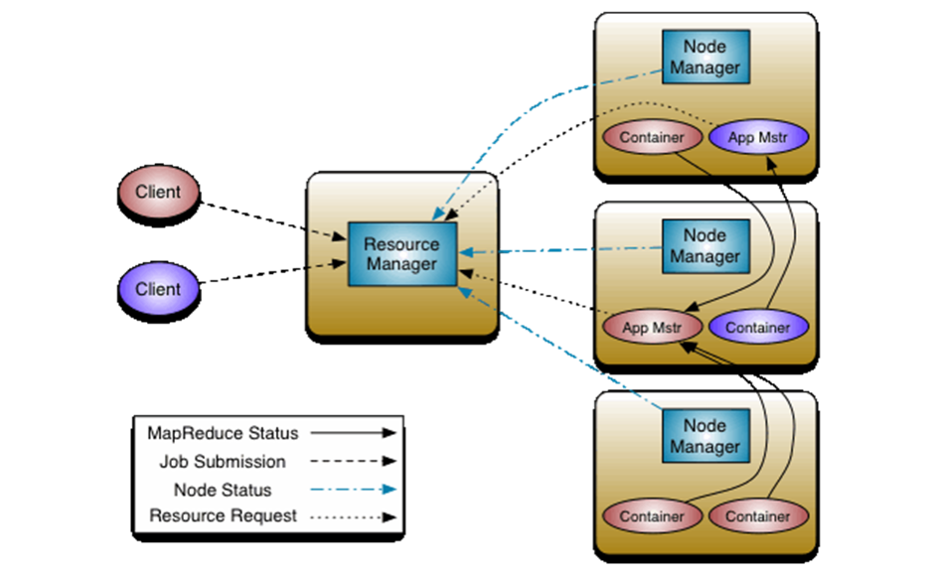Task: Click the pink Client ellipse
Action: (x=159, y=191)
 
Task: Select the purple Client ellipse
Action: (x=159, y=289)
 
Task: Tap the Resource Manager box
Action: (x=400, y=254)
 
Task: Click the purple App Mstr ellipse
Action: (x=758, y=137)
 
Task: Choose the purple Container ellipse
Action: (x=758, y=327)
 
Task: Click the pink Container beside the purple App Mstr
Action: (x=652, y=137)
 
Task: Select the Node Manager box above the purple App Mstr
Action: (x=705, y=58)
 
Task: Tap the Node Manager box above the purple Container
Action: (x=705, y=246)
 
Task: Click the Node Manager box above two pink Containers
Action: (x=705, y=437)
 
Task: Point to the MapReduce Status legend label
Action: (x=223, y=433)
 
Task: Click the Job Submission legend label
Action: (x=223, y=462)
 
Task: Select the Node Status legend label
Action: (x=223, y=490)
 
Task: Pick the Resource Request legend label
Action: (x=223, y=516)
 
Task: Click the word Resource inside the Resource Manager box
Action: (x=400, y=244)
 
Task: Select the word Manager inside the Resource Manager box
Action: (x=400, y=264)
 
